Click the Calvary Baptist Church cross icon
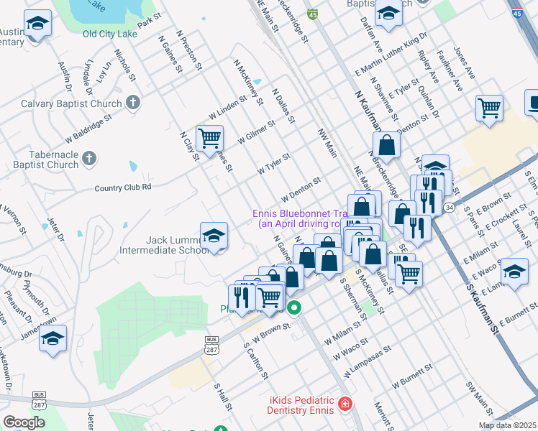point(132,103)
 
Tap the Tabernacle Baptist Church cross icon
point(88,158)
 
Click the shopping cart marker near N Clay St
point(209,138)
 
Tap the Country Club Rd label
point(123,187)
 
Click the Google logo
point(24,422)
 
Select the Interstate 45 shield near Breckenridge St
point(312,14)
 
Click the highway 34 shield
point(450,208)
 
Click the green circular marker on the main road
point(293,309)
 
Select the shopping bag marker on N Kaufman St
point(387,145)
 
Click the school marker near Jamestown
point(53,340)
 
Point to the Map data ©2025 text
point(507,425)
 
